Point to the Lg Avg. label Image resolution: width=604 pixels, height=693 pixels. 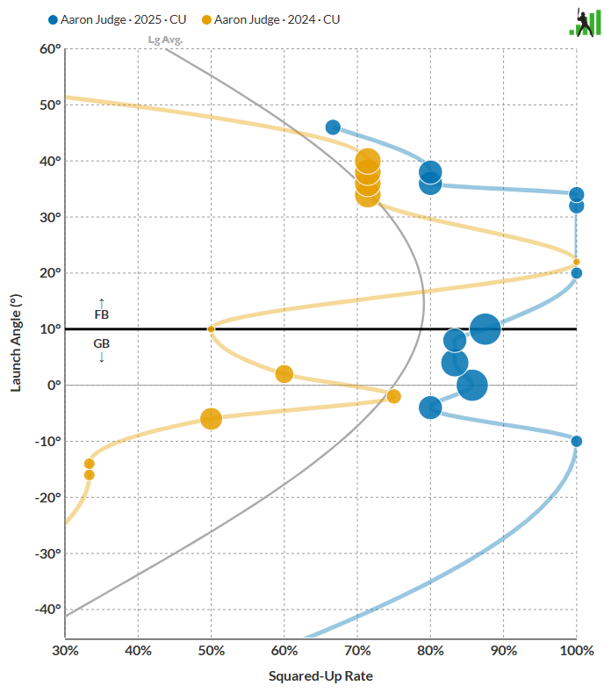[x=165, y=40]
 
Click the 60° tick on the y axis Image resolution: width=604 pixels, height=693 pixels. [x=49, y=49]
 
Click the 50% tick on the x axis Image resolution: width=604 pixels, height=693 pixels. [x=211, y=651]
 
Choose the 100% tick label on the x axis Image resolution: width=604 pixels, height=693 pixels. [x=576, y=651]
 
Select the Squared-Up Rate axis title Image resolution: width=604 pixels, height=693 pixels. [x=320, y=676]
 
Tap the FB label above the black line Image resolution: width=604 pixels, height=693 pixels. [x=101, y=314]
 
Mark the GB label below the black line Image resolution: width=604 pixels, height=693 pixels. [x=101, y=344]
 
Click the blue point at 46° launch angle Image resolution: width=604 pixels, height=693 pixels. [x=333, y=127]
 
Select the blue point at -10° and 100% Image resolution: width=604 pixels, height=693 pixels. [x=576, y=441]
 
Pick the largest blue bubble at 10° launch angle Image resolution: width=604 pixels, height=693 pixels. [x=485, y=329]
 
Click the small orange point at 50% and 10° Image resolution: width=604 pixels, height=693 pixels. [x=211, y=329]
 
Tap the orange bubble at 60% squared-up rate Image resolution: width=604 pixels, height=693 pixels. [x=284, y=374]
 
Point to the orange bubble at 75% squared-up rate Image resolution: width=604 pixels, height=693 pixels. [x=393, y=396]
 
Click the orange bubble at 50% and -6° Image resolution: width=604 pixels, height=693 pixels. [x=211, y=419]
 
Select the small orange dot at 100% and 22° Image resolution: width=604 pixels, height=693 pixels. [x=576, y=262]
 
